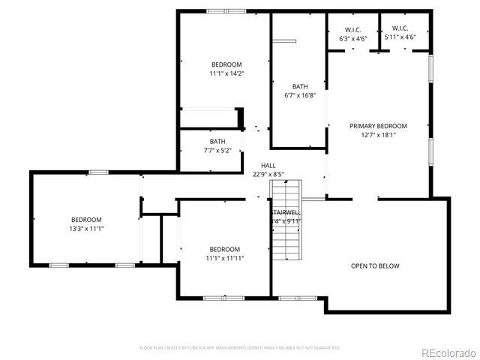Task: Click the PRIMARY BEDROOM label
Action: [378, 126]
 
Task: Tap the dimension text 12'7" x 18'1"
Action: [378, 135]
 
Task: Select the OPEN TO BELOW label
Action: [375, 266]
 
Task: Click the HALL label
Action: [268, 166]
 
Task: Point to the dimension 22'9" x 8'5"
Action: [268, 175]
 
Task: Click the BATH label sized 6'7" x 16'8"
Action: [300, 86]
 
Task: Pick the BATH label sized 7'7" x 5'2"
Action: [217, 141]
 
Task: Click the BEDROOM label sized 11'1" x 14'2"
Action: [226, 64]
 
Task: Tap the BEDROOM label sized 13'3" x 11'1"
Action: [86, 219]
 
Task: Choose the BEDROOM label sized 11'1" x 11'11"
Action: [225, 249]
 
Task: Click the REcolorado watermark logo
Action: [448, 353]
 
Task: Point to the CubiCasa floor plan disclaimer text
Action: [240, 348]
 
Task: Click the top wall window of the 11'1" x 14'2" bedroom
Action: [217, 10]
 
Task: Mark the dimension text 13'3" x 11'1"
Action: [86, 228]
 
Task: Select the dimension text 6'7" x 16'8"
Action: [300, 95]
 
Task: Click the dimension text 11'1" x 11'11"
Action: [225, 258]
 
